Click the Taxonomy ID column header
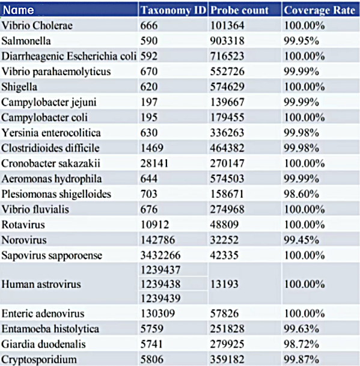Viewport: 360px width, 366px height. click(x=174, y=10)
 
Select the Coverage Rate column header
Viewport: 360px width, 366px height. click(x=319, y=10)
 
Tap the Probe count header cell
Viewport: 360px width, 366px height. click(x=240, y=10)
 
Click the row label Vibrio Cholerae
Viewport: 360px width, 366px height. click(x=37, y=25)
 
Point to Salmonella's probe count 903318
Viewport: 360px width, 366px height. click(x=227, y=41)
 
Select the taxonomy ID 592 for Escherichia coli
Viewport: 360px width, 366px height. click(x=149, y=56)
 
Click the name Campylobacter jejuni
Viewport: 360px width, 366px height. click(x=49, y=102)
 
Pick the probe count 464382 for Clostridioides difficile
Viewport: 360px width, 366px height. click(x=227, y=148)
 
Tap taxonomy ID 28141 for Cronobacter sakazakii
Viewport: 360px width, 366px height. click(x=154, y=163)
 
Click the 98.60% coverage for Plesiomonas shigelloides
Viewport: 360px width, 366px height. click(x=301, y=194)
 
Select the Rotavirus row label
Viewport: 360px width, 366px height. click(x=23, y=225)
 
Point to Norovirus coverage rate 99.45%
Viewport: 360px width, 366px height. click(x=301, y=240)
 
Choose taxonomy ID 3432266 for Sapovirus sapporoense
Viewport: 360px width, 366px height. click(x=160, y=255)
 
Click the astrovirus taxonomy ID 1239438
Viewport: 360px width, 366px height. click(x=160, y=284)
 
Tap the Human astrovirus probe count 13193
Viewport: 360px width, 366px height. click(x=224, y=284)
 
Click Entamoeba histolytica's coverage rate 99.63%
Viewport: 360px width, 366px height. click(x=301, y=329)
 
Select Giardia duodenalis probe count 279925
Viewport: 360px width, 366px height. click(x=227, y=344)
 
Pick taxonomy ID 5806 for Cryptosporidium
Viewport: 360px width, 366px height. click(x=151, y=359)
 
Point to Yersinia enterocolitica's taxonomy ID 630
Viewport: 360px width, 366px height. click(x=149, y=133)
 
